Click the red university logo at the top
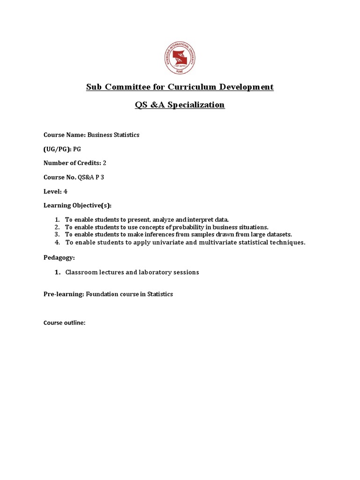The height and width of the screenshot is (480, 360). coord(180,57)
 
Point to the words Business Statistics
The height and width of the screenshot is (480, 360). coord(113,135)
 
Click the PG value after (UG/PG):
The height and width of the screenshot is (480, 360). coord(82,149)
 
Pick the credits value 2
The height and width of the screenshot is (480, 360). coord(111,163)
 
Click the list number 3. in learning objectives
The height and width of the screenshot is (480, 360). coord(57,234)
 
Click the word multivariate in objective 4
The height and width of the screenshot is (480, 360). coord(206,242)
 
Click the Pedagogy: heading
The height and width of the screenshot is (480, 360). coord(59,258)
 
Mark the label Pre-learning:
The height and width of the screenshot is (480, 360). coord(64,294)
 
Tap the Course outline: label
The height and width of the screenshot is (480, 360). coord(64,323)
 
